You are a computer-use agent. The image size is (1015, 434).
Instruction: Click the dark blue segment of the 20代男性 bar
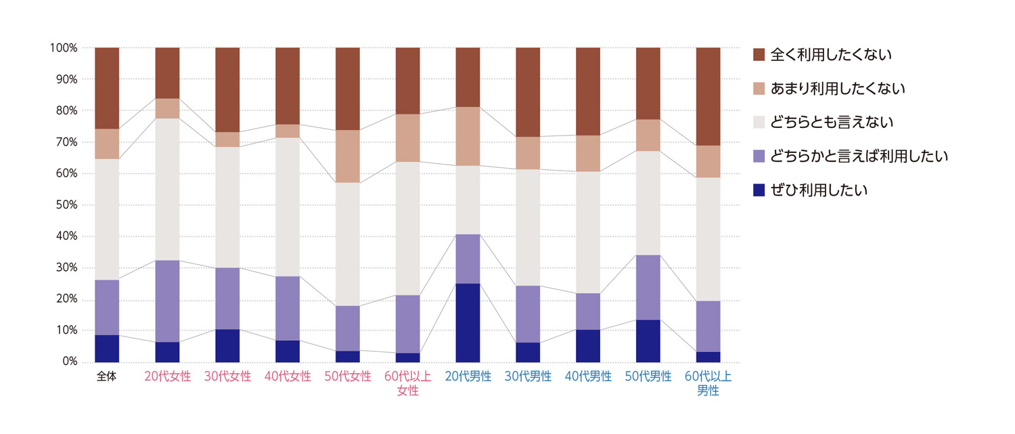468,322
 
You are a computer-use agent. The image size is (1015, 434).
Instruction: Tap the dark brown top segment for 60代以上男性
708,96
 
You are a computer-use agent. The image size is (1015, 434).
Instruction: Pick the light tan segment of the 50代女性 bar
348,156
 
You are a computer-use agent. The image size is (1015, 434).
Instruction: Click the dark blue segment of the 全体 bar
107,348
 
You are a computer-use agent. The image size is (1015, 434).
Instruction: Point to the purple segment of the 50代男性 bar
648,287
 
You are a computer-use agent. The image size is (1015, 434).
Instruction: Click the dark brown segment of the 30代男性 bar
528,92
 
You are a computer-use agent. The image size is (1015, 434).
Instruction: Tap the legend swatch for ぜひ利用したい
759,190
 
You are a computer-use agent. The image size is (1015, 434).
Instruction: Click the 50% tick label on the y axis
64,205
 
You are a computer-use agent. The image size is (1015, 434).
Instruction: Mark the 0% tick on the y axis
68,362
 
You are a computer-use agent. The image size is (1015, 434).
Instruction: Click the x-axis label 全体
107,377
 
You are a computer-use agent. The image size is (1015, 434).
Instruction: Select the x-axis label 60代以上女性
407,383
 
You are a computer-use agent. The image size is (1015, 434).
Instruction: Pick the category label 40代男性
588,377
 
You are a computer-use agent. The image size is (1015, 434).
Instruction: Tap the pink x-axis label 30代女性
227,377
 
